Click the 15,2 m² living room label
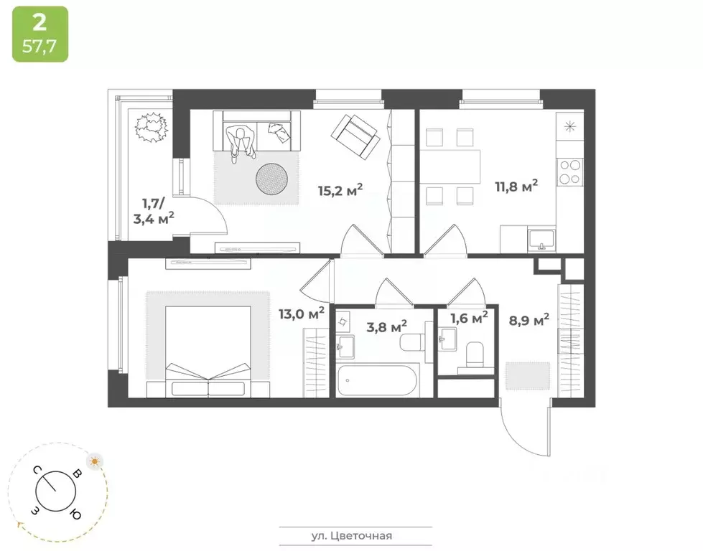[340, 190]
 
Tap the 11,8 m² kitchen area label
[516, 187]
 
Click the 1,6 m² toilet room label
[469, 316]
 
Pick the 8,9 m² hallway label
[529, 319]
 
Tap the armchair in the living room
[354, 136]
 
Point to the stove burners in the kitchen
[570, 171]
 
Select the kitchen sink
[541, 237]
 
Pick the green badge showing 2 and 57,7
[40, 34]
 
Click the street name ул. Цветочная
[356, 535]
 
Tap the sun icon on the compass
[94, 461]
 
